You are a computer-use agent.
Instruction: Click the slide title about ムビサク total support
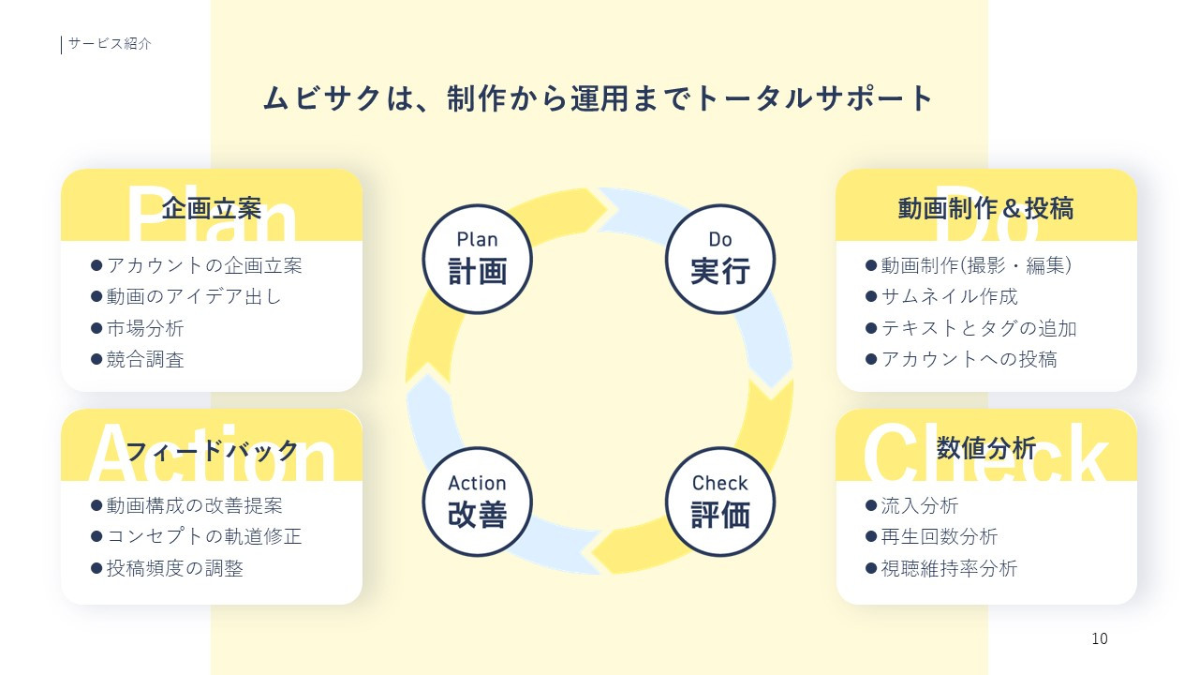599,98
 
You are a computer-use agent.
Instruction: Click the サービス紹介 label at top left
110,43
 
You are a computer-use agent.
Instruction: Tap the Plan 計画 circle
477,258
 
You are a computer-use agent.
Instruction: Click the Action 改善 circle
477,501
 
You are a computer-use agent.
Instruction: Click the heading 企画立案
211,208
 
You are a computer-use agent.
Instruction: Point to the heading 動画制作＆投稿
985,208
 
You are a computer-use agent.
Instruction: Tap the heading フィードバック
211,451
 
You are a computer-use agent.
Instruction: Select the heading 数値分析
985,448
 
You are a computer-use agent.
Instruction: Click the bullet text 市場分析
144,328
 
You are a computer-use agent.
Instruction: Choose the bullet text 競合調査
144,359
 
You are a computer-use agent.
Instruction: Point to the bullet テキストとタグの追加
978,328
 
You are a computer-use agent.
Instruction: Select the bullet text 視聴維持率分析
948,568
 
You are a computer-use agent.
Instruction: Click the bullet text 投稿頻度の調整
174,568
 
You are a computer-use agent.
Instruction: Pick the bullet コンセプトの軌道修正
203,536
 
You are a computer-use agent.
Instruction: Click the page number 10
1099,639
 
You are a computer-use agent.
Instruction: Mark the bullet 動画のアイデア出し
193,296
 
